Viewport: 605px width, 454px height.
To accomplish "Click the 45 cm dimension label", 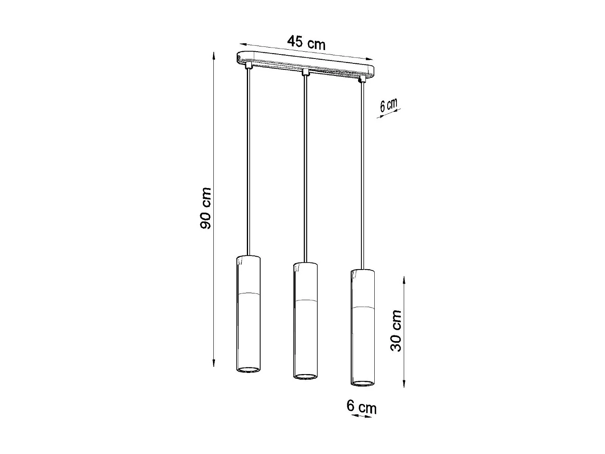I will [x=306, y=42].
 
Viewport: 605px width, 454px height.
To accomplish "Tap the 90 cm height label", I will [x=206, y=208].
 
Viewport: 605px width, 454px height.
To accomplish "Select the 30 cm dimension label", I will [x=397, y=331].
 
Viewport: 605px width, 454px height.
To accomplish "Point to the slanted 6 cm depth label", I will [x=388, y=105].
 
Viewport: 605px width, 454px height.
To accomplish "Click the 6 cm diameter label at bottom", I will [x=361, y=407].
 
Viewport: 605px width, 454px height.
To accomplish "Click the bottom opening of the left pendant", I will [x=248, y=369].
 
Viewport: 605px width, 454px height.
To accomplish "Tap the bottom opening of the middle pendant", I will [x=305, y=377].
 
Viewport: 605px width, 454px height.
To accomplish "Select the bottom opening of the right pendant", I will [x=362, y=382].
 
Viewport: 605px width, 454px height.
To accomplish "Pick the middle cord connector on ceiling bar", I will [x=306, y=73].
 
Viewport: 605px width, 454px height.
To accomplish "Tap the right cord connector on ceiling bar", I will [x=363, y=78].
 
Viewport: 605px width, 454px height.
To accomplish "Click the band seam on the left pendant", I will [x=248, y=292].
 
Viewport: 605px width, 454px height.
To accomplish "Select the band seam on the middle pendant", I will [x=305, y=301].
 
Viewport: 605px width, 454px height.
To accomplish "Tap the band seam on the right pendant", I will [x=362, y=307].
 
